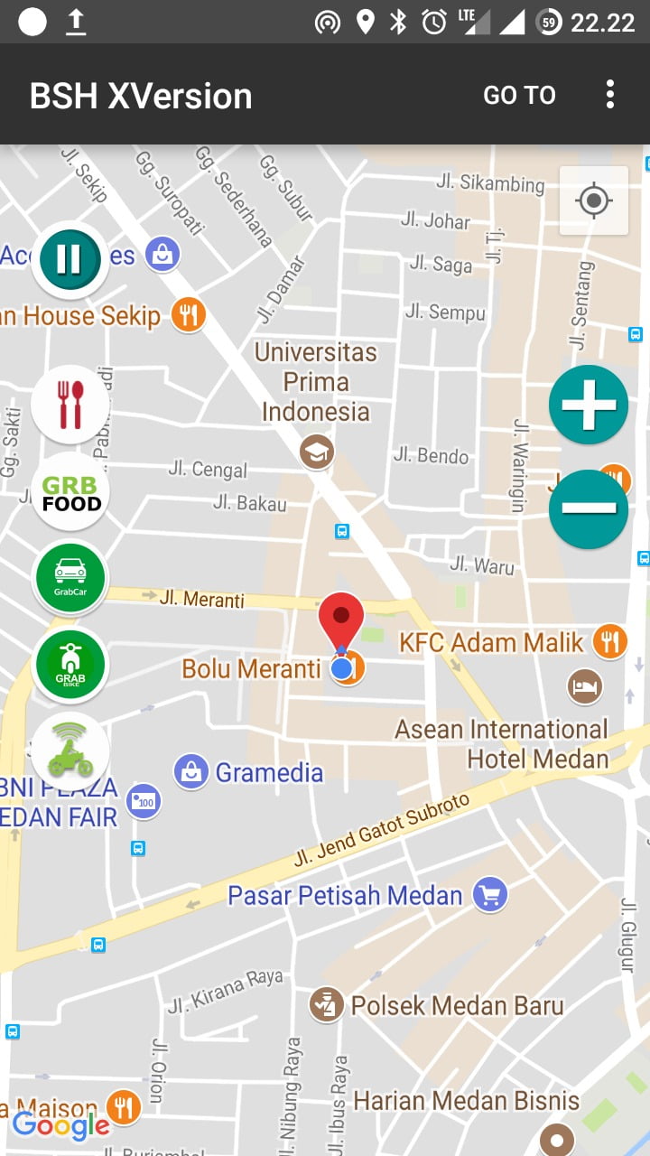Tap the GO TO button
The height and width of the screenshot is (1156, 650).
519,95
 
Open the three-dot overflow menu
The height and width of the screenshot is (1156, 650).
610,94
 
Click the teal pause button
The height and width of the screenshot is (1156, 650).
70,259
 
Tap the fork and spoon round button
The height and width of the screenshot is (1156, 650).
70,405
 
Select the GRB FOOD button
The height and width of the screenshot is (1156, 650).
70,491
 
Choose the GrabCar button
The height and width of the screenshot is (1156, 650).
70,577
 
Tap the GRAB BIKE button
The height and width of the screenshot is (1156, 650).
70,665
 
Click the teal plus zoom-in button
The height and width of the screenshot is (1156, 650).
589,405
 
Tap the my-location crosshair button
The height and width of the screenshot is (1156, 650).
594,200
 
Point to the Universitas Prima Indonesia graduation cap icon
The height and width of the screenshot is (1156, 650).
317,452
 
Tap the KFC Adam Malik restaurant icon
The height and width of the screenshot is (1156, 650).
611,641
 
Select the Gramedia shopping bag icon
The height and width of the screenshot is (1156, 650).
191,772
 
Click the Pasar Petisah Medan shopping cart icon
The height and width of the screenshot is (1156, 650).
490,896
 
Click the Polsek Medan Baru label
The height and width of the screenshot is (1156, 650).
457,1005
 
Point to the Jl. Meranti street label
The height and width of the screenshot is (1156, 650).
201,599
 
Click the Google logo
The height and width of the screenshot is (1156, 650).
60,1125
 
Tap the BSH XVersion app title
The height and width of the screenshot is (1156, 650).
141,96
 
